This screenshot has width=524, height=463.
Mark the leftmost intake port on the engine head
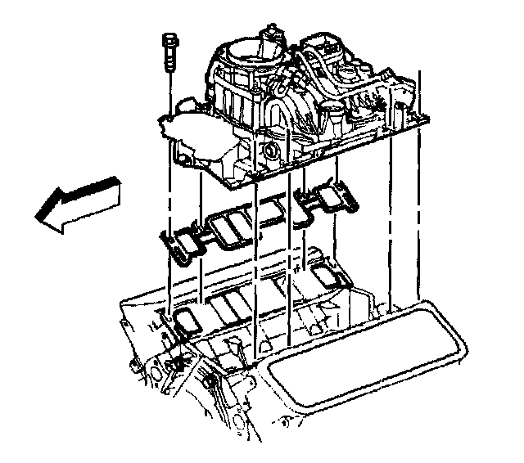tap(187, 320)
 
